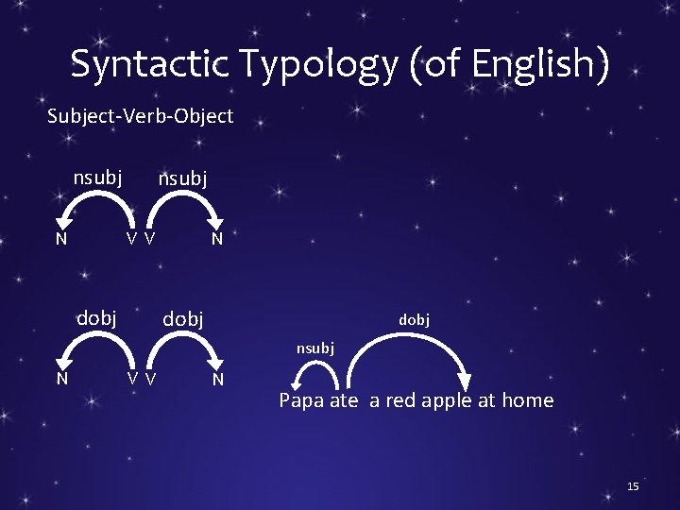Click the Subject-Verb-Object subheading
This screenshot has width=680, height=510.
tap(140, 116)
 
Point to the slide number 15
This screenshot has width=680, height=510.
tap(633, 485)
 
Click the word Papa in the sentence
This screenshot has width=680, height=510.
tap(301, 399)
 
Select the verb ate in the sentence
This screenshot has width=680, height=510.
tap(344, 399)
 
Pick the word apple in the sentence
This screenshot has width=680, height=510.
tap(447, 399)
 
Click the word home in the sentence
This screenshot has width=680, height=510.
tap(527, 399)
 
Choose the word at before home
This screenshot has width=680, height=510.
tap(486, 399)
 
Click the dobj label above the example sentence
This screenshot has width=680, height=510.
tap(414, 320)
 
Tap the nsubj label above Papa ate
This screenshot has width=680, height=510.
tap(314, 348)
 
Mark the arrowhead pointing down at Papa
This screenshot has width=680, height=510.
tap(297, 383)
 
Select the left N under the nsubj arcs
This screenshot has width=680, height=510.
tap(60, 238)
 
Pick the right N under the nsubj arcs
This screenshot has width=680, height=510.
tap(217, 238)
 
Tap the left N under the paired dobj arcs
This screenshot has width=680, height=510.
tap(60, 379)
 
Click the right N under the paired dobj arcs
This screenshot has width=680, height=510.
tap(217, 379)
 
